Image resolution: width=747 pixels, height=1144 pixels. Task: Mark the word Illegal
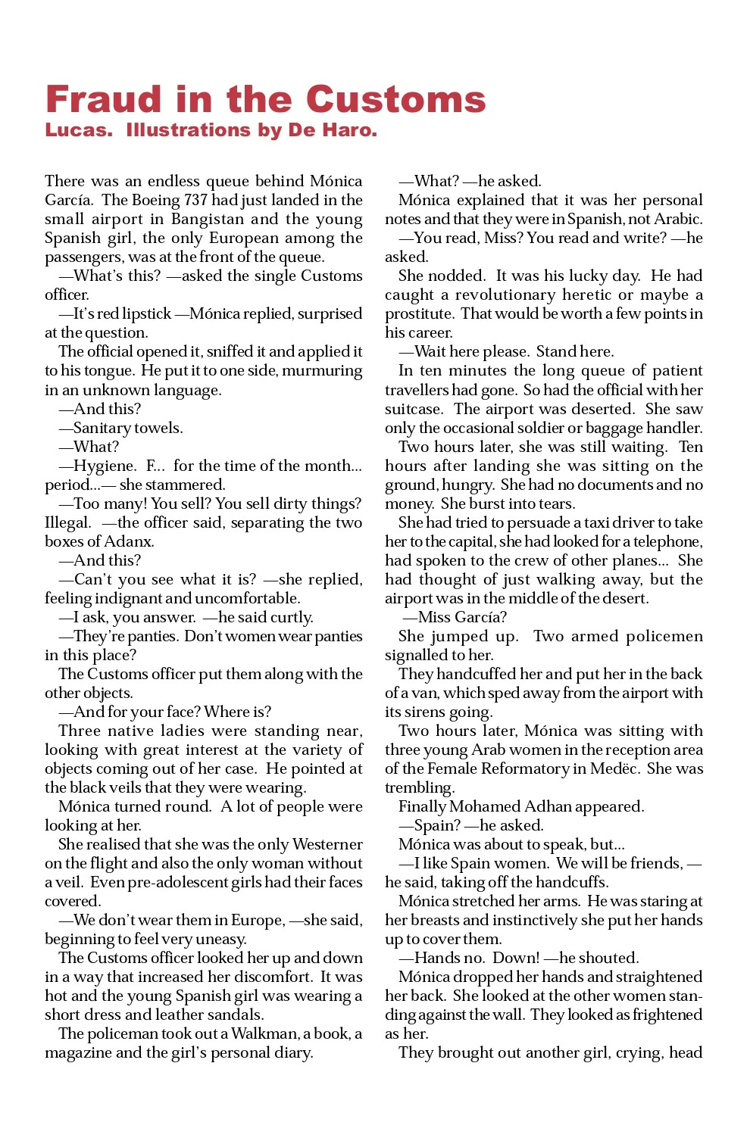click(x=67, y=522)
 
